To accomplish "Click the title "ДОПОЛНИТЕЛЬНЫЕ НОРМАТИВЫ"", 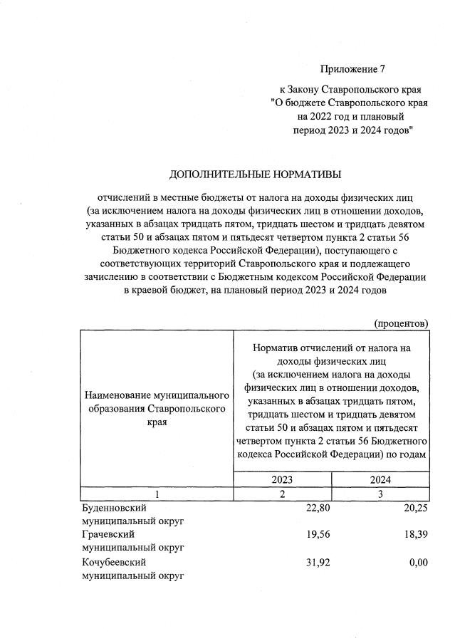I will (x=255, y=174).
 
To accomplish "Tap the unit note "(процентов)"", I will (x=401, y=323).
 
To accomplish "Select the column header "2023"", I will (x=282, y=480).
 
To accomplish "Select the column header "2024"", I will (x=380, y=480).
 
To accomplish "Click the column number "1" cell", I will (x=156, y=494).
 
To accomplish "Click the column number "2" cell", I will (x=282, y=494).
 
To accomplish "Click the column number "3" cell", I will (x=380, y=494).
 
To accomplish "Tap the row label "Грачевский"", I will (x=109, y=535).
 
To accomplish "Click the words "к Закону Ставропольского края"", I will (x=350, y=90).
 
